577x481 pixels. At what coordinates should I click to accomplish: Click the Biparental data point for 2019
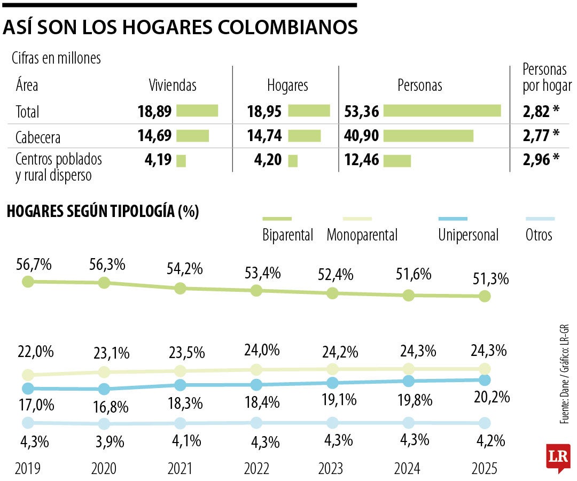click(x=28, y=281)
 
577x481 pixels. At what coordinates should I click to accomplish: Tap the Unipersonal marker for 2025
click(x=485, y=380)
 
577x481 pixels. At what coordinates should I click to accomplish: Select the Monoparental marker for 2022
click(x=256, y=369)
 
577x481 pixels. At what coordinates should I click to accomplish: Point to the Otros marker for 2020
click(x=104, y=424)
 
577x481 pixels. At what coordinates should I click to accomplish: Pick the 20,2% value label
click(x=492, y=397)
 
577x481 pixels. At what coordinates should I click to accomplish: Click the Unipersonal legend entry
click(x=468, y=235)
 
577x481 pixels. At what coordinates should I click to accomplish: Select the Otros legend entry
click(x=539, y=235)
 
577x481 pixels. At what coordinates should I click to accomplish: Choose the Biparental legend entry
click(x=287, y=235)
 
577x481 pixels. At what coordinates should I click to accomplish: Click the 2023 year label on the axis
click(x=331, y=469)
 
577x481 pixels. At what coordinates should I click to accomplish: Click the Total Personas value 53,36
click(x=363, y=111)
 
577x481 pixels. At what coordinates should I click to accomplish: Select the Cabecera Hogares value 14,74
click(x=264, y=136)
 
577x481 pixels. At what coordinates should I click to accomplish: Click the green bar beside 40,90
click(x=428, y=136)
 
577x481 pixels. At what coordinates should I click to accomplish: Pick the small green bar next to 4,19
click(x=181, y=160)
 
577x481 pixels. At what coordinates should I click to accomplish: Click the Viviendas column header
click(x=172, y=86)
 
